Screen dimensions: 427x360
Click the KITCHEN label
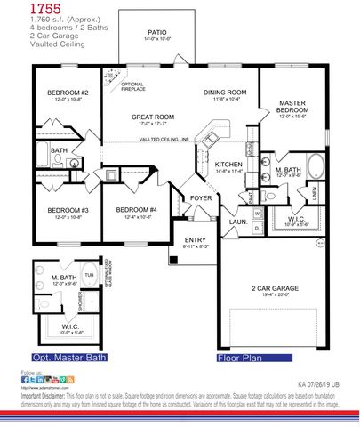pyautogui.click(x=228, y=165)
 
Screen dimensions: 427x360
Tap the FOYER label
pyautogui.click(x=201, y=199)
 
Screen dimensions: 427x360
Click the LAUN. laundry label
pyautogui.click(x=239, y=222)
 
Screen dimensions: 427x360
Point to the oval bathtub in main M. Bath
pyautogui.click(x=316, y=165)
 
